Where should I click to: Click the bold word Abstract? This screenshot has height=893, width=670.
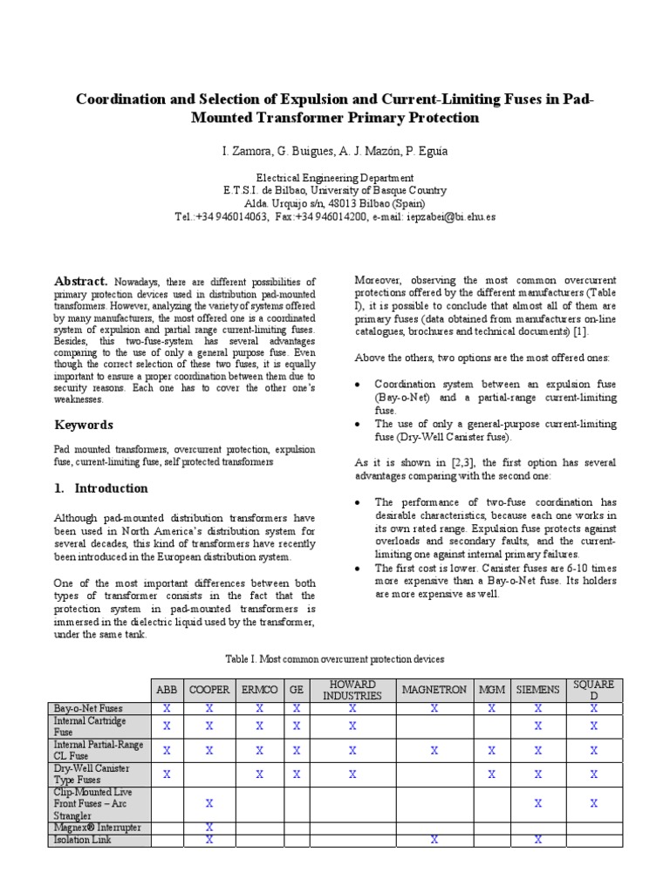click(81, 281)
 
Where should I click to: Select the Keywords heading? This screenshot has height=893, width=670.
click(84, 425)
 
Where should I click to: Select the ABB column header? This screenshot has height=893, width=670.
click(166, 690)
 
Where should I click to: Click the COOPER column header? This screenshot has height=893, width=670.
click(209, 690)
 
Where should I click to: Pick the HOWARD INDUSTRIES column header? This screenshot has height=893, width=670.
click(352, 690)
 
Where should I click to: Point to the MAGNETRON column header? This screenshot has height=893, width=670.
click(434, 690)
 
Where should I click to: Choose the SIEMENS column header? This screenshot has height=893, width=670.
click(537, 690)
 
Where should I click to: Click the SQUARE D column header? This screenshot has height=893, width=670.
click(594, 690)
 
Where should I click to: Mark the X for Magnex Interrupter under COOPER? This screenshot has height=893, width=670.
click(209, 826)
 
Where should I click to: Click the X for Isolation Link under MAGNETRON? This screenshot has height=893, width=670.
click(434, 839)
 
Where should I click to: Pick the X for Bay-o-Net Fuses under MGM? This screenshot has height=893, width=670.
click(491, 709)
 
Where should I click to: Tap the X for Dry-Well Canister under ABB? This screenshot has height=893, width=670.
click(166, 773)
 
